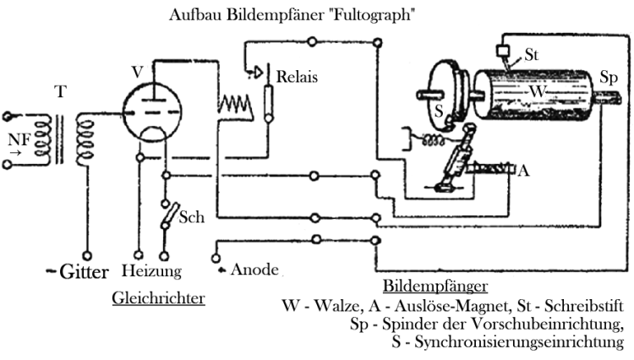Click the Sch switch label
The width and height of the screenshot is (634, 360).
pyautogui.click(x=191, y=218)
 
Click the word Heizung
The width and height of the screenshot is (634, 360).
pyautogui.click(x=151, y=272)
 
